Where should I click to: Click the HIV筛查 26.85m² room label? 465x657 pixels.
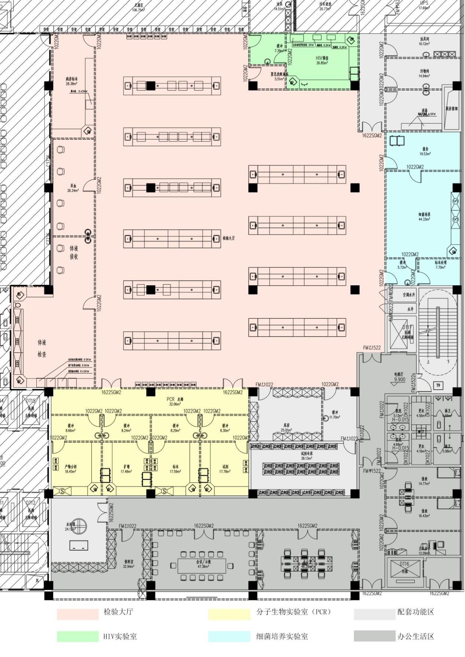click(322, 60)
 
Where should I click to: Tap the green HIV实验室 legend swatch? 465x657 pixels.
click(77, 636)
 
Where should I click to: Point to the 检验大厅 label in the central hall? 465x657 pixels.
click(229, 238)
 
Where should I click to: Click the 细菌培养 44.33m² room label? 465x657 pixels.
click(425, 217)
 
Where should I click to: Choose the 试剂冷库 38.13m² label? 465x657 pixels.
click(306, 455)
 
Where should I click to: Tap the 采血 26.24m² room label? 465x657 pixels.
click(73, 188)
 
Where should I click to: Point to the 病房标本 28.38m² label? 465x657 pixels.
click(71, 81)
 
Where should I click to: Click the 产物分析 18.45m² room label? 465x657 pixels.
click(71, 469)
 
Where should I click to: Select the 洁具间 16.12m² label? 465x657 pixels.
click(424, 41)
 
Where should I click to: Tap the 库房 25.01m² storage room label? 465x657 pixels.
click(286, 427)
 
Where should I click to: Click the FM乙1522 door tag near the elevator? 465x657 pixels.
click(371, 348)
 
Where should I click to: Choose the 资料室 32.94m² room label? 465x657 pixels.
click(128, 564)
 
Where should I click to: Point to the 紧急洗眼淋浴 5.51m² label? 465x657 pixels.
click(279, 76)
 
